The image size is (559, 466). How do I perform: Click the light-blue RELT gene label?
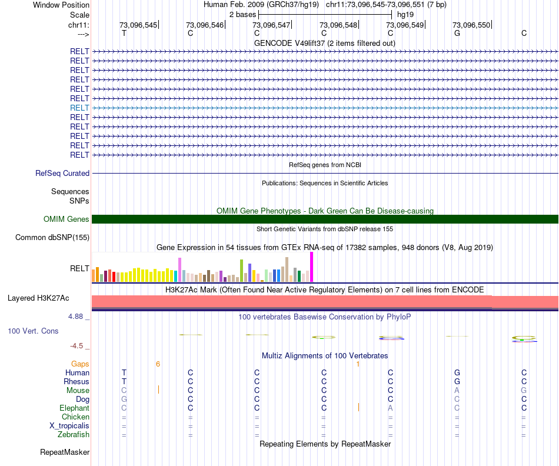pos(79,108)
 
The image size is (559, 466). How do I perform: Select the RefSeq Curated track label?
pos(62,174)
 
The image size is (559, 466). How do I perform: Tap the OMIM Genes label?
pos(66,219)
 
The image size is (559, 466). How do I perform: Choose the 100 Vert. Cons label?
pos(33,331)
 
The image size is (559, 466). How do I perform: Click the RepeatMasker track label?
pos(65,452)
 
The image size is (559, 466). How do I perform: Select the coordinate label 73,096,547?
pos(271,25)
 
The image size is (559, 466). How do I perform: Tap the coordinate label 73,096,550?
pos(471,25)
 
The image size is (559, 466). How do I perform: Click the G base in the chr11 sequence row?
pos(457,34)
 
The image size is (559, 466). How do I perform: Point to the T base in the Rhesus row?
pos(124,381)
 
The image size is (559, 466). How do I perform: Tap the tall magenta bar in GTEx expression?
pos(312,267)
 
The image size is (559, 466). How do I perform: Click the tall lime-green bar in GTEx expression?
pos(241,271)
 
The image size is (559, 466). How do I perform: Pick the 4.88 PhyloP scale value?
pos(79,317)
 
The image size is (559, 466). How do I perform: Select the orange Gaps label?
pos(80,364)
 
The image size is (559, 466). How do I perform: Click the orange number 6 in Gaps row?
pos(158,364)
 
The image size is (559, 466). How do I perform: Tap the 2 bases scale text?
pos(242,14)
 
